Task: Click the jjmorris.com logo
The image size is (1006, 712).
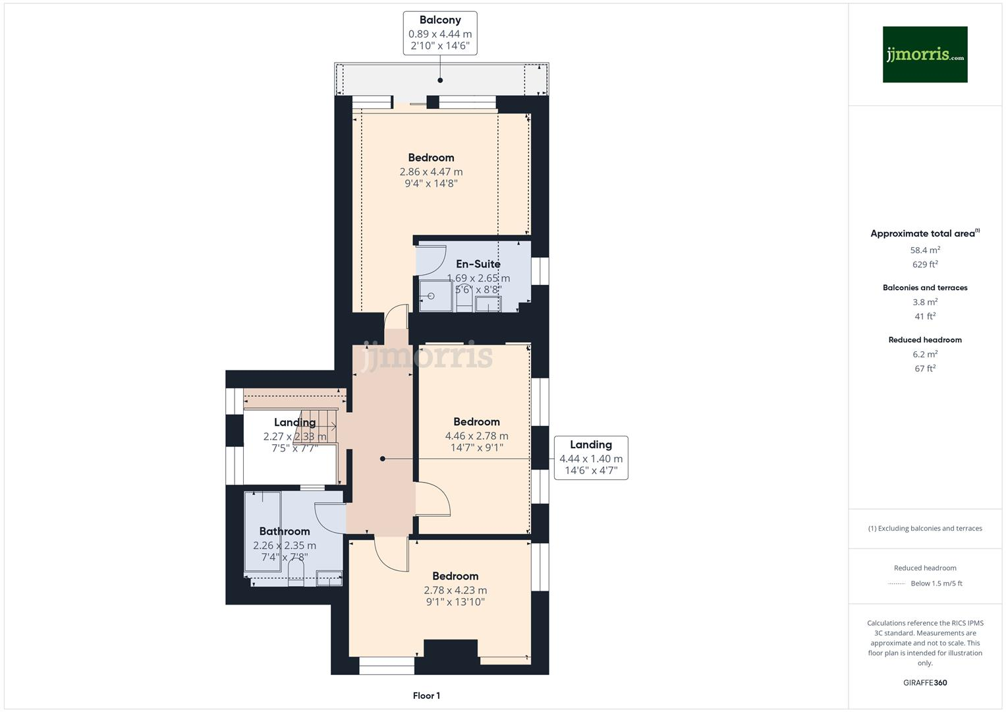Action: tap(924, 54)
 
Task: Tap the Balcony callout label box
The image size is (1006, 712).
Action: tap(440, 33)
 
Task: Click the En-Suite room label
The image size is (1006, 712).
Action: tap(478, 264)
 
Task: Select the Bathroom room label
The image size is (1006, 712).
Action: tap(284, 531)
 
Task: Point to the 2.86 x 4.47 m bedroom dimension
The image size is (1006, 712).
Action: tap(431, 172)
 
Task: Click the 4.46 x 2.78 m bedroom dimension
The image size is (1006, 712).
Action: tap(476, 436)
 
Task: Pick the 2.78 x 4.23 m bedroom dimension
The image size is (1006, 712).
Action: tap(455, 590)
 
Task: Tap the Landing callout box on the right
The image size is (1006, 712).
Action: tap(590, 458)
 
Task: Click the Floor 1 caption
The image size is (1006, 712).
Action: tap(426, 696)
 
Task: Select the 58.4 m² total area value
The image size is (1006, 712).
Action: tap(925, 251)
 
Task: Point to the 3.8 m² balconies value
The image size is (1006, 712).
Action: tap(925, 302)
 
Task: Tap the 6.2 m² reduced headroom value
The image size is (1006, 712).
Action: tap(925, 354)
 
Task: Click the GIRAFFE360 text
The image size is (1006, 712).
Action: tap(925, 682)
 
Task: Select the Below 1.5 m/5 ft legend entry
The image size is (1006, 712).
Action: tap(936, 583)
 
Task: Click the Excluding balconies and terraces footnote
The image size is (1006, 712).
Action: tap(925, 528)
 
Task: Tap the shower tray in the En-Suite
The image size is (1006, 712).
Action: tap(435, 296)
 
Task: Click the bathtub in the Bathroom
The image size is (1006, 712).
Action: tap(262, 531)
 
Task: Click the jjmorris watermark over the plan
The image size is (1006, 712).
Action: tap(427, 356)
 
